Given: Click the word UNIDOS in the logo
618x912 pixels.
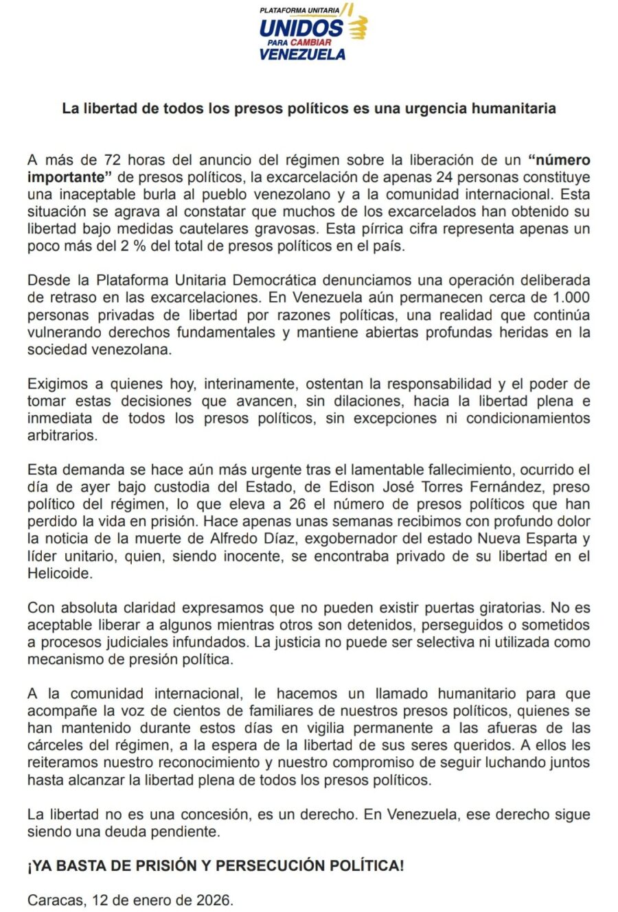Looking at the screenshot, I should [300, 28].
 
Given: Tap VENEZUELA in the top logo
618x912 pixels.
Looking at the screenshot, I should [302, 54].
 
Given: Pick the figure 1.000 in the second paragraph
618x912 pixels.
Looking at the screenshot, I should [571, 298].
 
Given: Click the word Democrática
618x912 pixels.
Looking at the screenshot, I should [275, 281].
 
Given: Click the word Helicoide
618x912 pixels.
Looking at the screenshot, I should [59, 574].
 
